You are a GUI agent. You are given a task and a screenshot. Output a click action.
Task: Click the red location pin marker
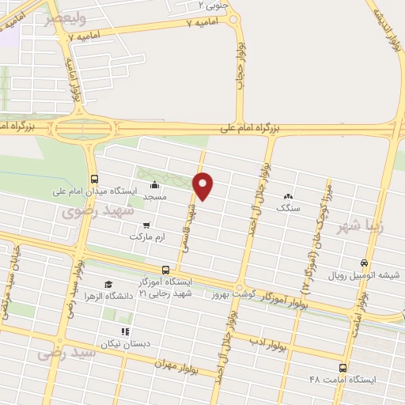coord(204,185)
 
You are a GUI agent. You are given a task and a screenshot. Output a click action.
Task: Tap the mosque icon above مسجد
coord(153,185)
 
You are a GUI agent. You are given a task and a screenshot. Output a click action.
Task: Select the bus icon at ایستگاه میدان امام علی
coord(95,178)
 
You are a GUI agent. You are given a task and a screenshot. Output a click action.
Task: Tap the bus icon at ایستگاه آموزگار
coord(165,270)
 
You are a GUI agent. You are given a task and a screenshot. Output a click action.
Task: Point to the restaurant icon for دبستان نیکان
coord(123,332)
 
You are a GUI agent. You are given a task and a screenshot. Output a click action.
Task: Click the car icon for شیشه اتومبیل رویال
coord(363,263)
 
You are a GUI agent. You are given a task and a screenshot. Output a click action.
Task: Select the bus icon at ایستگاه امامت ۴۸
coord(343,368)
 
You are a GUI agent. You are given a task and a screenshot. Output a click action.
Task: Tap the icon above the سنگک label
coord(289,196)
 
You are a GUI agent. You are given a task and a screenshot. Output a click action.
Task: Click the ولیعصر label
coord(64,17)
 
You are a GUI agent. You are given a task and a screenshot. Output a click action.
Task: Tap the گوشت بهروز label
coord(229,294)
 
